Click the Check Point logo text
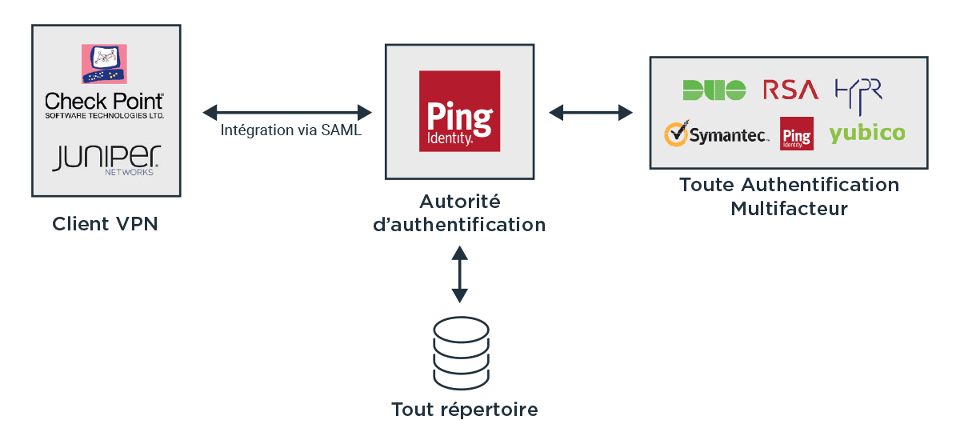(x=104, y=106)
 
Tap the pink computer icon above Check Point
(x=104, y=64)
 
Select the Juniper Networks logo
(x=106, y=160)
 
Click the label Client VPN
(x=105, y=224)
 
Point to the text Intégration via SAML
(x=291, y=130)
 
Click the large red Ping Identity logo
(x=459, y=111)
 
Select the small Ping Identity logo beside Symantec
(x=796, y=134)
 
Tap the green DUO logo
(x=714, y=90)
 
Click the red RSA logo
(x=790, y=90)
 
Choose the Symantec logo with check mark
(x=717, y=134)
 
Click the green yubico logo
(x=867, y=134)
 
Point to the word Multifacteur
(x=789, y=209)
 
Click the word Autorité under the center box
(x=459, y=202)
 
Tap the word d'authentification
(x=459, y=225)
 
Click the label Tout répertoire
(x=465, y=410)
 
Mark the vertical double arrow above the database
(x=459, y=274)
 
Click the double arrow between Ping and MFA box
(x=590, y=113)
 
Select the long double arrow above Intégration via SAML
(x=287, y=113)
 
